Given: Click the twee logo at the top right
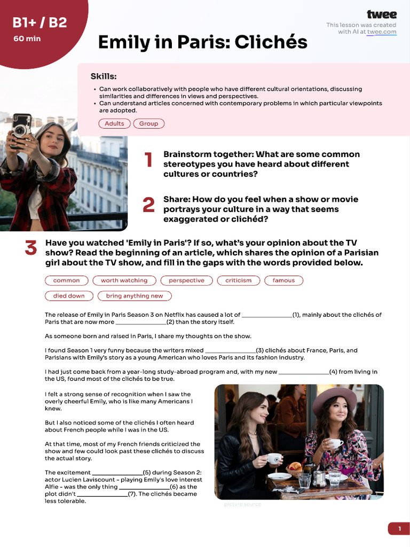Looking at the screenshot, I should coord(381,14).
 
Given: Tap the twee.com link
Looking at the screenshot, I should coord(382,32).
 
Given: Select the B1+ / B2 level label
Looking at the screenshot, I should coord(40,22).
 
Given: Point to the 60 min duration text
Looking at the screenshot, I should coord(27,38).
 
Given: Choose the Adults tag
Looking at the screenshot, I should coord(114,123).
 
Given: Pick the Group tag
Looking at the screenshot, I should coord(148,123).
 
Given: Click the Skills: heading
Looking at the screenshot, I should coord(103,76).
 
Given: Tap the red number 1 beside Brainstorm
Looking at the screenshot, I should coord(148,160).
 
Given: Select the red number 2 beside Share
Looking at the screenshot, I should coord(148,205).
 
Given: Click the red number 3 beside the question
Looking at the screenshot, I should coord(31,248).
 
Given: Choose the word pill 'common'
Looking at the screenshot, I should coord(67,280).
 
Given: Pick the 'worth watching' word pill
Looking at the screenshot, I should coord(124,280).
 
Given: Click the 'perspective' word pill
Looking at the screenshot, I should coord(186,280).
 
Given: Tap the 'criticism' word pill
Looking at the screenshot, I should coord(238,280).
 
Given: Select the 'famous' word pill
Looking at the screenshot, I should coord(283,280).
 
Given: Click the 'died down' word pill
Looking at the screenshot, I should coord(69,296).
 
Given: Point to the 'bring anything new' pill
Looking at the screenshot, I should coord(135,296).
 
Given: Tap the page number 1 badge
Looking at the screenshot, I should coord(399,529).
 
